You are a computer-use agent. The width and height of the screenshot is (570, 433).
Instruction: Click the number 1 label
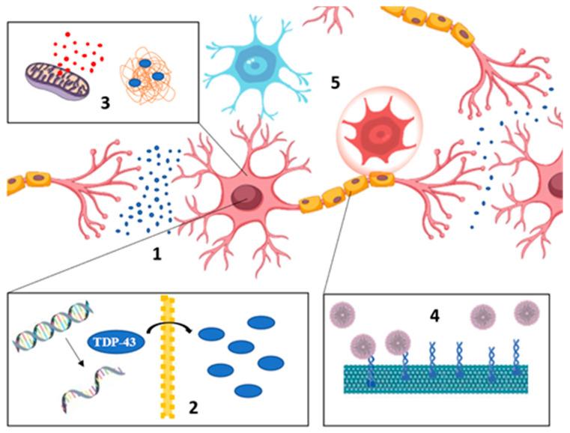pos(157,255)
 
